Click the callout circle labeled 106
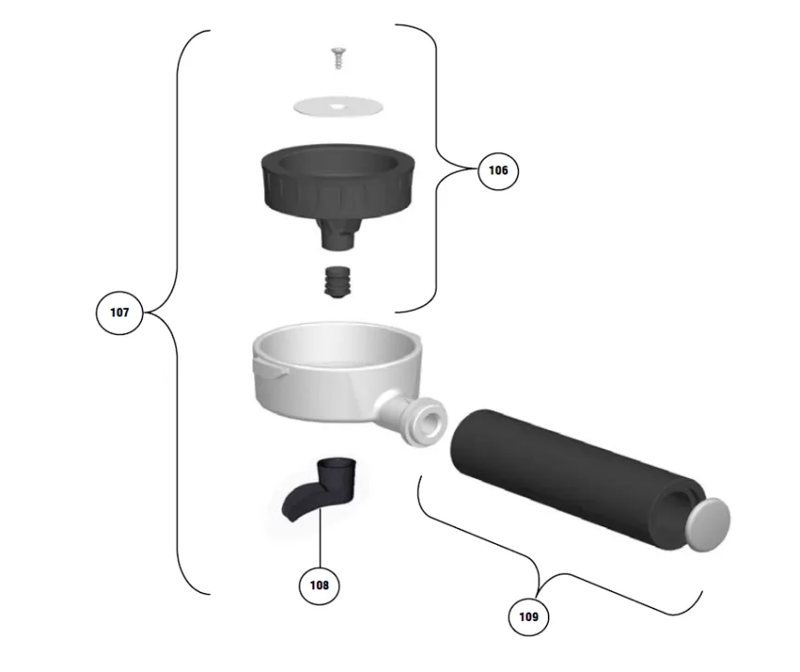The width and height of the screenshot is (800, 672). pyautogui.click(x=498, y=170)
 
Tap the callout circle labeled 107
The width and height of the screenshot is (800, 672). pyautogui.click(x=120, y=312)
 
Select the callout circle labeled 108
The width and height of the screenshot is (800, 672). pyautogui.click(x=320, y=585)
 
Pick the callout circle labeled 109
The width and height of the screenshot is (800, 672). pyautogui.click(x=528, y=617)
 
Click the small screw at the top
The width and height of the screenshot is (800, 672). pyautogui.click(x=337, y=58)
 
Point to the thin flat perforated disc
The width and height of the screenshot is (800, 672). pyautogui.click(x=338, y=107)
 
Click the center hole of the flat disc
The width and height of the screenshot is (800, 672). pyautogui.click(x=337, y=107)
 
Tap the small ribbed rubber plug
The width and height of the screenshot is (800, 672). pyautogui.click(x=337, y=281)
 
